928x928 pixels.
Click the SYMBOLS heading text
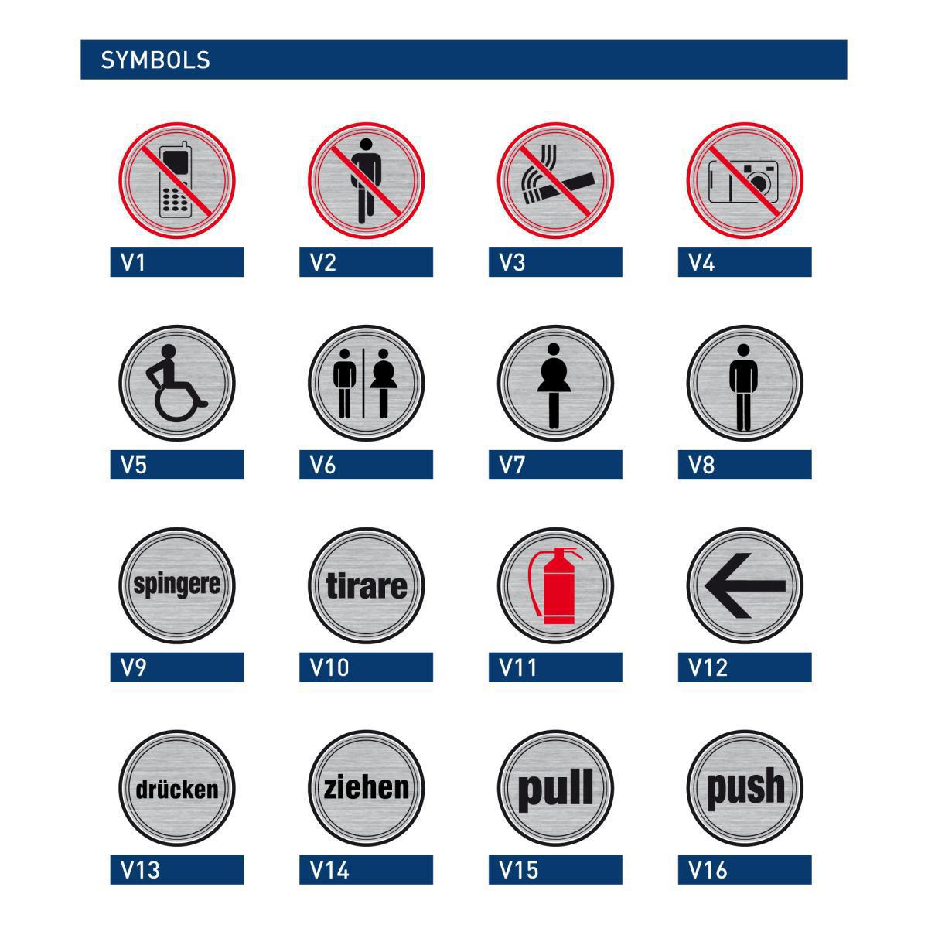point(155,60)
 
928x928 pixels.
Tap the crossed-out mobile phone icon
point(176,179)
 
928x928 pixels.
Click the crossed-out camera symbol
point(743,181)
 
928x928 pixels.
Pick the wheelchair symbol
point(176,383)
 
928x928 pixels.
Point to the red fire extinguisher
point(555,585)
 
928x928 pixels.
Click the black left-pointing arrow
point(745,585)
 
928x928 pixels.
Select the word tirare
point(366,585)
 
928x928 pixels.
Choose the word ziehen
point(366,788)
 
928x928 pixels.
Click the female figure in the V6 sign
point(384,383)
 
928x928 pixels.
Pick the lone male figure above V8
point(743,387)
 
